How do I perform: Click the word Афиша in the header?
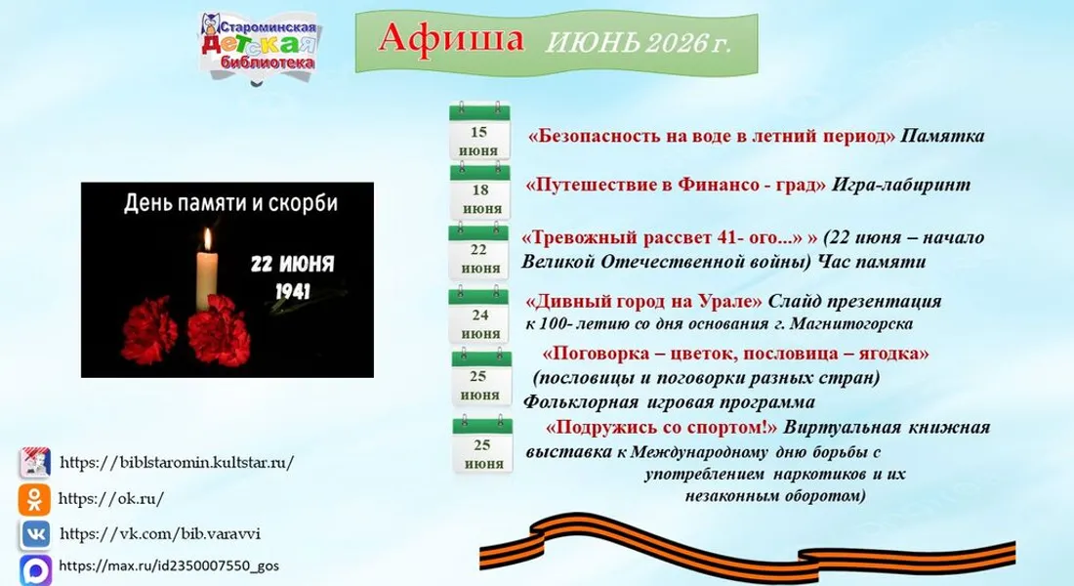(x=451, y=38)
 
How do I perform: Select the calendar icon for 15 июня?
(x=479, y=131)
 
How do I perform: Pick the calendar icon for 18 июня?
(x=480, y=190)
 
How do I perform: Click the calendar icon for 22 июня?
(x=478, y=251)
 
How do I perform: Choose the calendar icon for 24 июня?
(x=478, y=315)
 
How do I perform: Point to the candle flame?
(x=208, y=239)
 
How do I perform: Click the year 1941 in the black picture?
(x=293, y=291)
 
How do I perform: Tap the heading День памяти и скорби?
(x=230, y=203)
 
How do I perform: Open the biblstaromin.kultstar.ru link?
(x=177, y=462)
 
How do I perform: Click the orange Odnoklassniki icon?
(x=34, y=499)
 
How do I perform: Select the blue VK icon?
(x=35, y=534)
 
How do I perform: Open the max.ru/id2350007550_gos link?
(x=169, y=566)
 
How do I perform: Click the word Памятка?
(x=942, y=136)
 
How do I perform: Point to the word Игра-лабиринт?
(x=901, y=185)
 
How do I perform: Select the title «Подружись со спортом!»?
(x=662, y=428)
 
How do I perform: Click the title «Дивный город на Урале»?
(x=643, y=302)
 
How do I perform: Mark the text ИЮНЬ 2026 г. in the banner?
(x=638, y=43)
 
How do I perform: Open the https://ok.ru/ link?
(x=111, y=499)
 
